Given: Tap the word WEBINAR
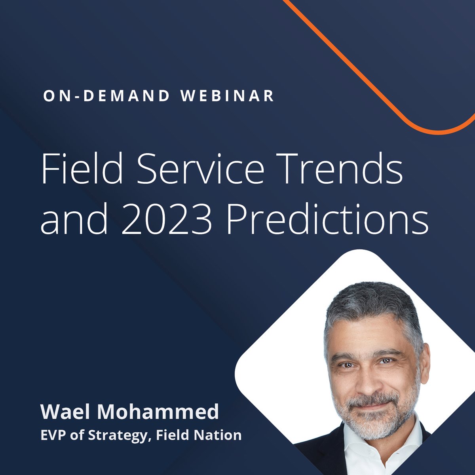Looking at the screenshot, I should (228, 97).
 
